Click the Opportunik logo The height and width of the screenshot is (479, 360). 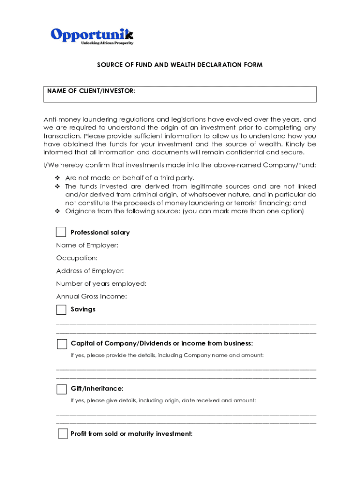(92, 35)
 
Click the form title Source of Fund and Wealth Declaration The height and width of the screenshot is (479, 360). (180, 65)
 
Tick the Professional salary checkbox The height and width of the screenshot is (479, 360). (61, 232)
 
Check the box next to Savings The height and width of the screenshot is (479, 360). (61, 310)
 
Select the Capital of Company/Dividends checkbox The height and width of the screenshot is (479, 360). (62, 344)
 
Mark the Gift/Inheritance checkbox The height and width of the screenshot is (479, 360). (61, 389)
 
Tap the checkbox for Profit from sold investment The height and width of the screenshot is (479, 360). (63, 434)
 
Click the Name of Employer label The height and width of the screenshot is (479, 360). (87, 245)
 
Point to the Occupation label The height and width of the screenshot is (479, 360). (77, 258)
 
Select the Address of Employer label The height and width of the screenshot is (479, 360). (90, 271)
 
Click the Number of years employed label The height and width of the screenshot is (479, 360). (101, 283)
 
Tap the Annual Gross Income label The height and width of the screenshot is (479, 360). (91, 297)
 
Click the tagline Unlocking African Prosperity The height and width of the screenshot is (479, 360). (107, 43)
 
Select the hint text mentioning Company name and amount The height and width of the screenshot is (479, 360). (167, 356)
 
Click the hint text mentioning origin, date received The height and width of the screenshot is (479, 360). (163, 401)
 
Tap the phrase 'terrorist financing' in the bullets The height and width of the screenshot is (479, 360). (262, 203)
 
